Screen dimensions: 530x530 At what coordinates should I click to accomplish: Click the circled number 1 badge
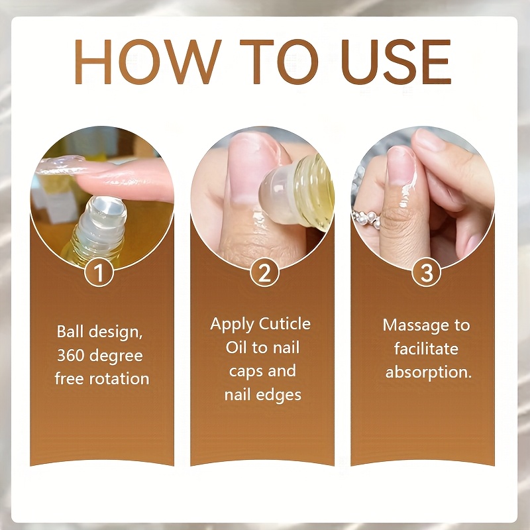[x=98, y=272]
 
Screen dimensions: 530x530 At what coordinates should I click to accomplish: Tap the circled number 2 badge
[x=264, y=272]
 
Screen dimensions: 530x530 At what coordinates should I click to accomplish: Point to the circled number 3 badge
[x=426, y=272]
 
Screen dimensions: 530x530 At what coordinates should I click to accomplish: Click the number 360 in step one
[x=72, y=355]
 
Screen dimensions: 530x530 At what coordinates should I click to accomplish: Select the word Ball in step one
[x=70, y=331]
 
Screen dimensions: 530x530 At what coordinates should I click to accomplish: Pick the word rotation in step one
[x=121, y=378]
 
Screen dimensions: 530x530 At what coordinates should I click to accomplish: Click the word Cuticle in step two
[x=284, y=324]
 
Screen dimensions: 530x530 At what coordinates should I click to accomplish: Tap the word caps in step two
[x=244, y=371]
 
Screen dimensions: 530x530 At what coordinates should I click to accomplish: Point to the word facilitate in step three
[x=426, y=349]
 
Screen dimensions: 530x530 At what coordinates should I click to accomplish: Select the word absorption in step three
[x=428, y=372]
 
